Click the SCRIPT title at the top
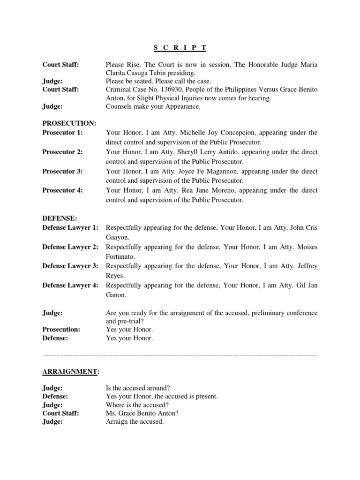tap(180, 48)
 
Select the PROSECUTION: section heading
tap(69, 123)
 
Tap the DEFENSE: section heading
tap(59, 218)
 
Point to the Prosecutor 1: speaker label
tap(62, 133)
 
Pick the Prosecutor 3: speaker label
tap(62, 171)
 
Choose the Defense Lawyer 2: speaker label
tap(70, 247)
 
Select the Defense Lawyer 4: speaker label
tap(70, 285)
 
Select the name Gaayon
tap(119, 238)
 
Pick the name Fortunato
tap(120, 257)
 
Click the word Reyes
tap(116, 276)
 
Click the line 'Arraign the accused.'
tap(135, 421)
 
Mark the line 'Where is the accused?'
tap(137, 405)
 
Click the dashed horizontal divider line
tap(180, 354)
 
